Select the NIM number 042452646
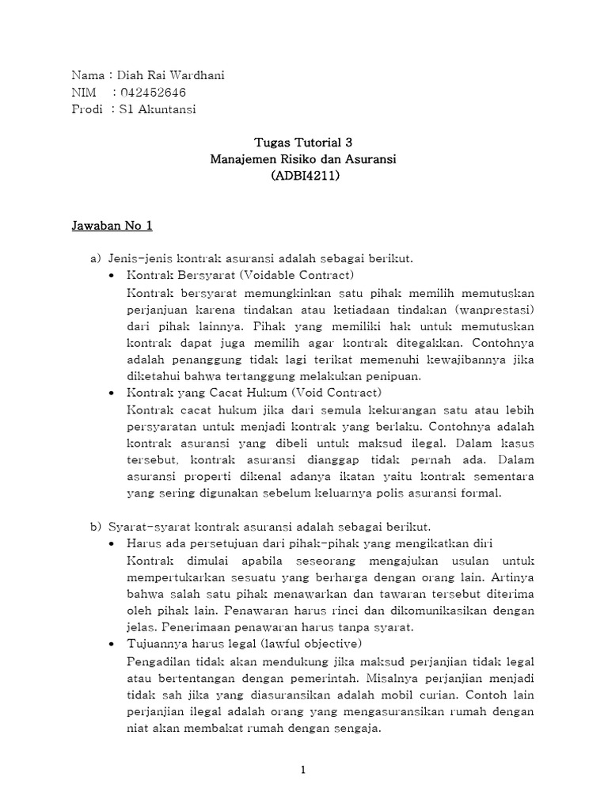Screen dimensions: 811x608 (x=151, y=93)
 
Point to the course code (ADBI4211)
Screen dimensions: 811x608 (x=303, y=176)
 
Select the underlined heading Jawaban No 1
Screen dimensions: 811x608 (x=112, y=226)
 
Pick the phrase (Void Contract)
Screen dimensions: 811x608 (x=336, y=392)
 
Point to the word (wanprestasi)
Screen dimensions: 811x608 (x=496, y=309)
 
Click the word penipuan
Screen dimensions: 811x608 (x=399, y=375)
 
